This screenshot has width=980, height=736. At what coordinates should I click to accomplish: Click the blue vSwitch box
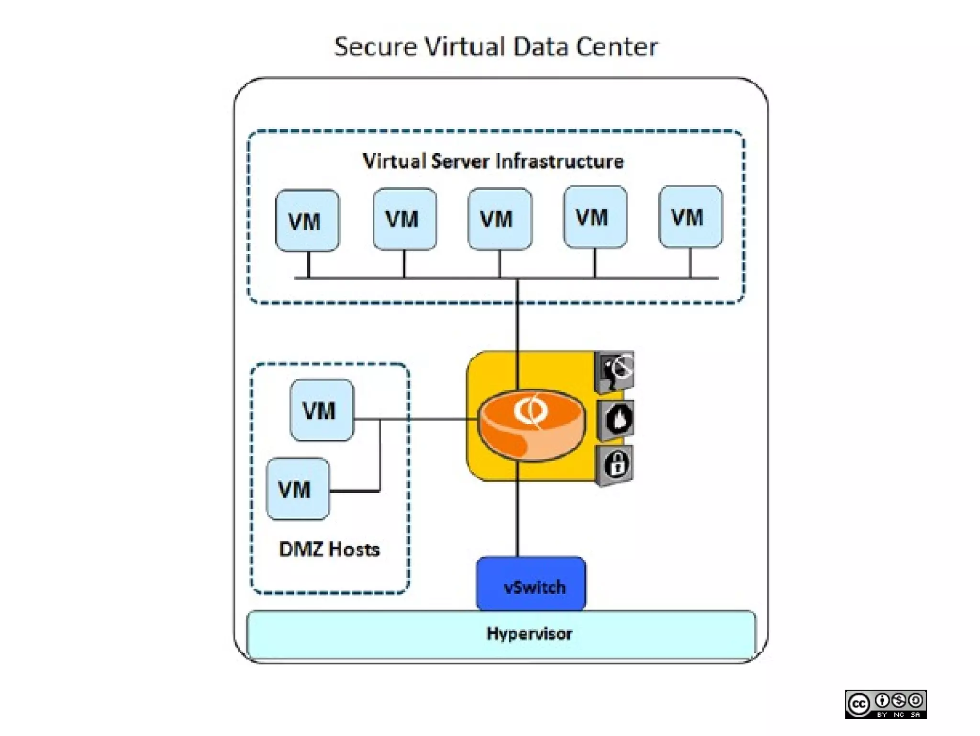click(531, 584)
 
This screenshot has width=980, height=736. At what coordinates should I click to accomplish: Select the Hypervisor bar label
click(529, 634)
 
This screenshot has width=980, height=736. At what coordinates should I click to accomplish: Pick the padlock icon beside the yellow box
click(615, 465)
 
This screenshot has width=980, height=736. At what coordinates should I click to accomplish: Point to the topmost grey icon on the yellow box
click(615, 372)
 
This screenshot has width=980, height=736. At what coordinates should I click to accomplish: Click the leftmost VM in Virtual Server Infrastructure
click(307, 221)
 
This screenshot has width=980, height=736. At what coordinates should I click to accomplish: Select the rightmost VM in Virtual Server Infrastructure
click(690, 217)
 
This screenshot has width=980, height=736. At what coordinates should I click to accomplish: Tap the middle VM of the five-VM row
click(500, 219)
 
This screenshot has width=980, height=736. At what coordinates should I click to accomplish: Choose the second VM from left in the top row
click(404, 219)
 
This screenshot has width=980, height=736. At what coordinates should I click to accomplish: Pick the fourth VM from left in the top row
click(595, 217)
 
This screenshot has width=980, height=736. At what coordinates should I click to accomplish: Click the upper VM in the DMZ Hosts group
click(322, 410)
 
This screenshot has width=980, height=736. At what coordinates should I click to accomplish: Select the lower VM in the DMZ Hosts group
click(298, 489)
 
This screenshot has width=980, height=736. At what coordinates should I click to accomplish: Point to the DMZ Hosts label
click(329, 549)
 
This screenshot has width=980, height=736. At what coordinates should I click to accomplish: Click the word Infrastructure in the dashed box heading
click(560, 161)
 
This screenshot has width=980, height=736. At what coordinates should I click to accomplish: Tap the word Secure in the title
click(375, 47)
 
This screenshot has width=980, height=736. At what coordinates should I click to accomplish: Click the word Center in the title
click(617, 47)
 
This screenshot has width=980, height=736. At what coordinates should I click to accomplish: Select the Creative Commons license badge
click(885, 704)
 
